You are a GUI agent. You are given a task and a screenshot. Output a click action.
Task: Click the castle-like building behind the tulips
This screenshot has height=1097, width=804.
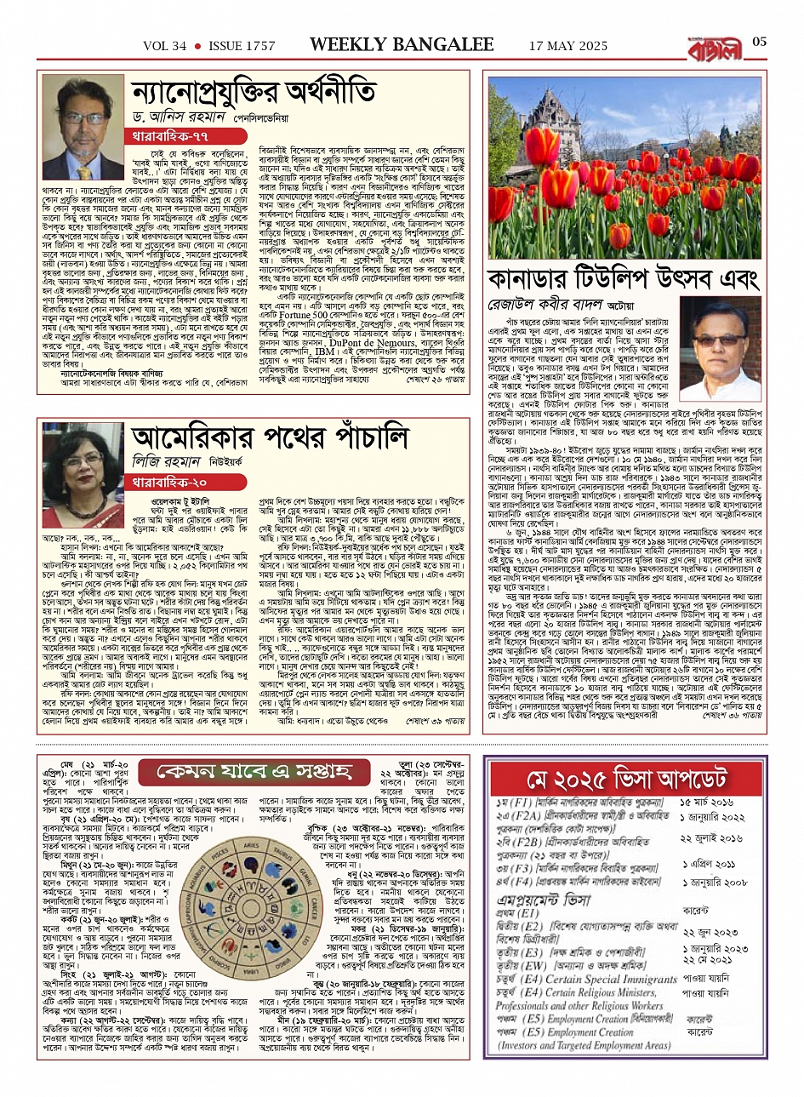pyautogui.click(x=562, y=118)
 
